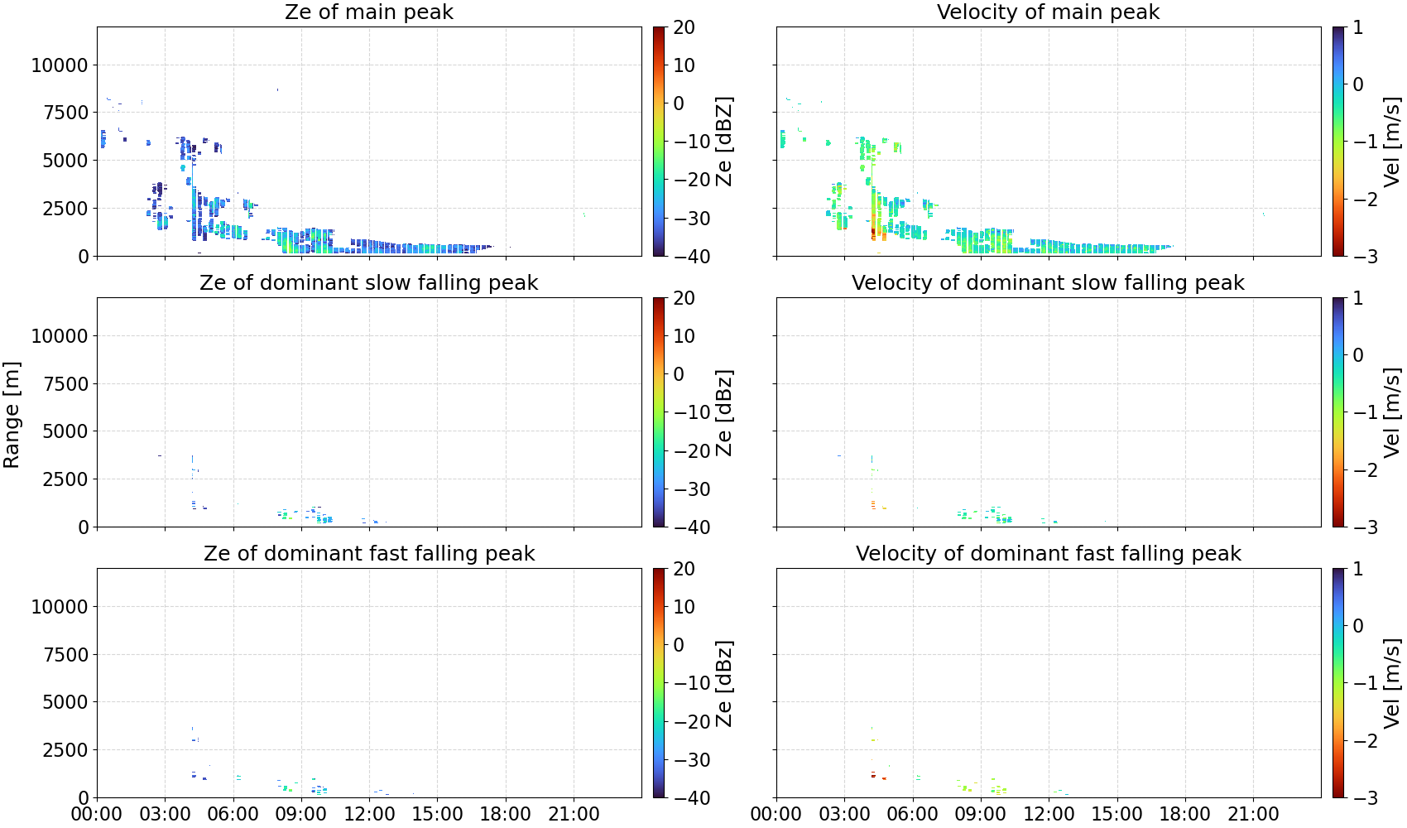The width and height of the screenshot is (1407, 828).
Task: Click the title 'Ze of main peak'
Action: pyautogui.click(x=368, y=12)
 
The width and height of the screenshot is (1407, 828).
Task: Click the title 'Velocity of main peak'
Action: pyautogui.click(x=1049, y=12)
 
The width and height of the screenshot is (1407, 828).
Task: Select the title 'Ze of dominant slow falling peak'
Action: pyautogui.click(x=368, y=282)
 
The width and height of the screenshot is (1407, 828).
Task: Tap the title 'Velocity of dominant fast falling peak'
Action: pyautogui.click(x=1049, y=553)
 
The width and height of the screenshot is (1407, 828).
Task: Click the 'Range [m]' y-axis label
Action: pyautogui.click(x=12, y=415)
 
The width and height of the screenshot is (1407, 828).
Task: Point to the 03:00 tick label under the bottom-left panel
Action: pyautogui.click(x=166, y=814)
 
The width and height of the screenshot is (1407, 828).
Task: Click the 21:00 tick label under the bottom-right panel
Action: pyautogui.click(x=1253, y=814)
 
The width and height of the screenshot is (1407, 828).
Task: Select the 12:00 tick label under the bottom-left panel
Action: pyautogui.click(x=369, y=814)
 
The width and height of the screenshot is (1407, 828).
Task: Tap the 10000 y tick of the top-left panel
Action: pyautogui.click(x=60, y=65)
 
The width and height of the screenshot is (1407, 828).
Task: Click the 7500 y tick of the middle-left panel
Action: pyautogui.click(x=65, y=384)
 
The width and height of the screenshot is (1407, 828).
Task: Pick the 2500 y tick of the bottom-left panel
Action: pyautogui.click(x=65, y=750)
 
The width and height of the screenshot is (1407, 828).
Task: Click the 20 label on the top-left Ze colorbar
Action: pyautogui.click(x=684, y=27)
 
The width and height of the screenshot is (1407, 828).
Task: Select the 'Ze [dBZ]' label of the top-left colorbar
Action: pyautogui.click(x=724, y=142)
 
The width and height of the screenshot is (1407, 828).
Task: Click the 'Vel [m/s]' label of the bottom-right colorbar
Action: pyautogui.click(x=1391, y=683)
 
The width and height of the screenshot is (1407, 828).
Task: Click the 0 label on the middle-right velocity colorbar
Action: pyautogui.click(x=1357, y=355)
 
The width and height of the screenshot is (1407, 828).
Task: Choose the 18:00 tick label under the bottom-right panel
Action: pyautogui.click(x=1185, y=814)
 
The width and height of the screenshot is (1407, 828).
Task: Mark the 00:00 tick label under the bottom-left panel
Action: pyautogui.click(x=97, y=814)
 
